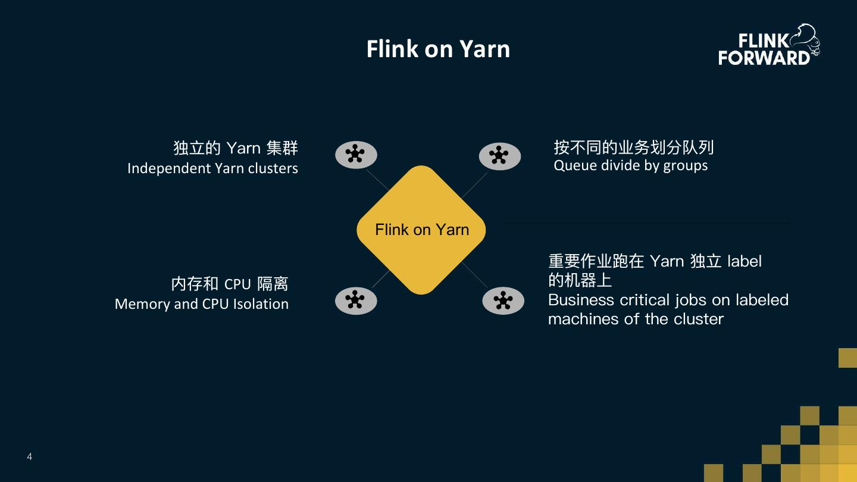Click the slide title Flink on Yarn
coord(438,49)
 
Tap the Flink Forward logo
coord(768,45)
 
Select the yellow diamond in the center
coord(421,230)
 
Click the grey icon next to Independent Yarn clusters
coord(356,155)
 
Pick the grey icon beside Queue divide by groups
coord(500,156)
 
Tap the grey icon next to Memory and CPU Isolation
coord(356,300)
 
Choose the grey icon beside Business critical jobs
coord(503,301)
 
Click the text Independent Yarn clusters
coord(212,168)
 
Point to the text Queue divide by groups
coord(631,165)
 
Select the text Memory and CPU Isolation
coord(202,304)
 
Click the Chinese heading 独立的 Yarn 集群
coord(236,148)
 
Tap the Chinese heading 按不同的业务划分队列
coord(633,147)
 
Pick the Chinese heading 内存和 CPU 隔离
coord(230,284)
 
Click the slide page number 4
coord(30,457)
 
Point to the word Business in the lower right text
coord(581,299)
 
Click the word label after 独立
coord(744,261)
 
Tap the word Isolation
coord(261,304)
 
